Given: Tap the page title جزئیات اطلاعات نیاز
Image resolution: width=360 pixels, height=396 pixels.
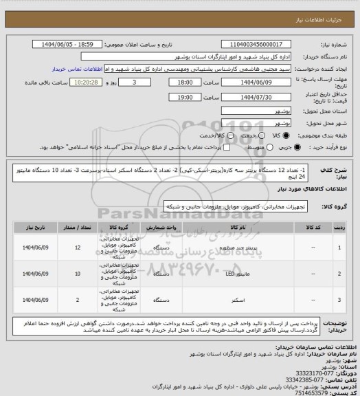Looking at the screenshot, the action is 323,8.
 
